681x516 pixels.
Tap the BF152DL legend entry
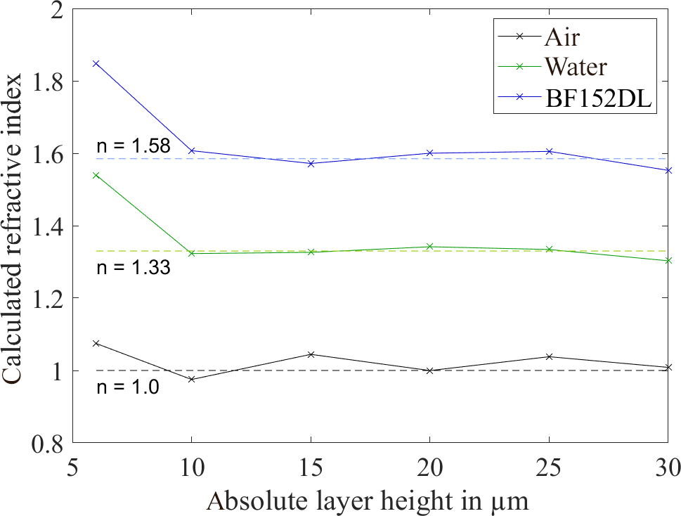(x=598, y=100)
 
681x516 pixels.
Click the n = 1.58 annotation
(x=123, y=148)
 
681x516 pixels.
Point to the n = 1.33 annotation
(x=123, y=268)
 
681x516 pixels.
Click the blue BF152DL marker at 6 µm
(x=96, y=63)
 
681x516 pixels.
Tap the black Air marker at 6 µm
(x=96, y=343)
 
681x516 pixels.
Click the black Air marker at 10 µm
(x=191, y=380)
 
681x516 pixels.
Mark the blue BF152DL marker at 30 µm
(x=667, y=170)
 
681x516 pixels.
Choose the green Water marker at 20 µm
(x=429, y=247)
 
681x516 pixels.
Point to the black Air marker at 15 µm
(x=310, y=354)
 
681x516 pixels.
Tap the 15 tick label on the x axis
(x=310, y=465)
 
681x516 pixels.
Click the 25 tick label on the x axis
(x=547, y=465)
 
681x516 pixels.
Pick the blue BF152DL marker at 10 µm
(x=191, y=150)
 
